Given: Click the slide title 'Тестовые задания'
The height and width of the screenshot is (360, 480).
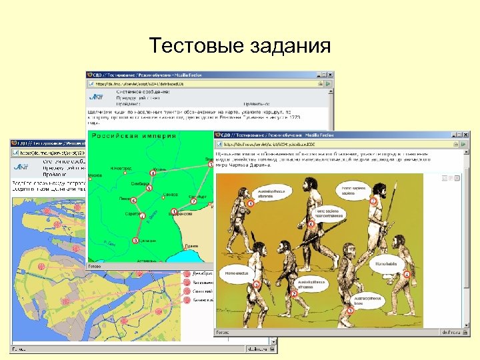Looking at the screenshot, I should [x=240, y=46].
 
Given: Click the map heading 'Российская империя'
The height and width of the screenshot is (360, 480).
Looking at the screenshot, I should [x=134, y=137].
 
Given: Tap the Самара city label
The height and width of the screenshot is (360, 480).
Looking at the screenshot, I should [x=171, y=194].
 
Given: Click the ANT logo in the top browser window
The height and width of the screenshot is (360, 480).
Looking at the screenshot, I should [x=96, y=97].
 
